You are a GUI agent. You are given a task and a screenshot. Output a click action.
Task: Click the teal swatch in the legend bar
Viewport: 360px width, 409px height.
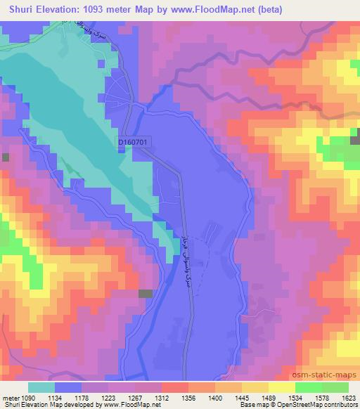pos(41,387)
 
